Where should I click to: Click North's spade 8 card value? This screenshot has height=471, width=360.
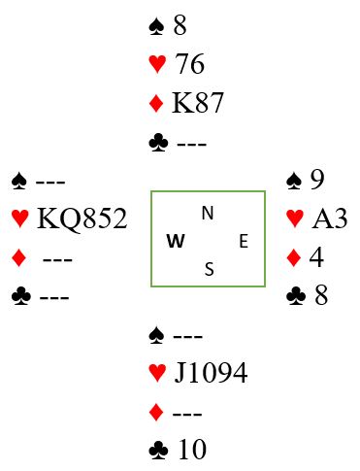(x=180, y=25)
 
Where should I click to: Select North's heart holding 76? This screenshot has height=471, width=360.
(x=189, y=63)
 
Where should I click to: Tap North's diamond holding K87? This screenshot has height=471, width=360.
(x=198, y=103)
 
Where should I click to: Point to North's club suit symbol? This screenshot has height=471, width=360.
(x=158, y=144)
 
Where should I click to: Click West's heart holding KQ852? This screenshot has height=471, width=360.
(x=82, y=219)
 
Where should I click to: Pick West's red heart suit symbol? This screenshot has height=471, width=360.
(x=20, y=219)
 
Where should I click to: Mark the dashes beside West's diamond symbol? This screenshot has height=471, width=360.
(x=57, y=259)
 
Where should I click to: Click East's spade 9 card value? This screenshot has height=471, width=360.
(x=317, y=179)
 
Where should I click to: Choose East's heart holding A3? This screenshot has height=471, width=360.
(x=330, y=219)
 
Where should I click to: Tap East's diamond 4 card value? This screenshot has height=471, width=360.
(x=316, y=257)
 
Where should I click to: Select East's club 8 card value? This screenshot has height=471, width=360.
(x=320, y=295)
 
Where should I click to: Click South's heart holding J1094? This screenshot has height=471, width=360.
(x=211, y=373)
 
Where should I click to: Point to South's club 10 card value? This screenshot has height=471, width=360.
(x=192, y=450)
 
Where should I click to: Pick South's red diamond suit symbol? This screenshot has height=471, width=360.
(x=156, y=413)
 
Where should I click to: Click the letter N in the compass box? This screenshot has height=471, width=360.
(x=208, y=213)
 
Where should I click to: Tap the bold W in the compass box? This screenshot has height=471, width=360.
(x=176, y=241)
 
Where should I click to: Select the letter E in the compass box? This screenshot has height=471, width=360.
(x=244, y=242)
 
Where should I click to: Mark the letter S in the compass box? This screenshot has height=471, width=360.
(x=210, y=269)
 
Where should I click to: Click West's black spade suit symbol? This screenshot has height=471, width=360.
(x=19, y=181)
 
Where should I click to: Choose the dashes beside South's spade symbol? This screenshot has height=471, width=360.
(x=188, y=337)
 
